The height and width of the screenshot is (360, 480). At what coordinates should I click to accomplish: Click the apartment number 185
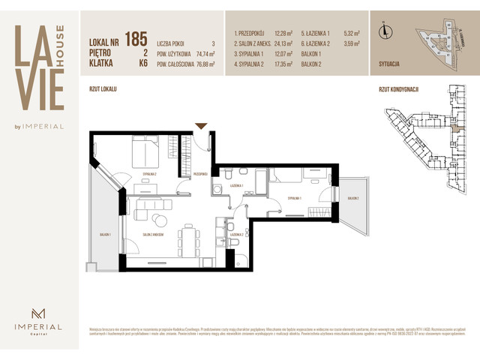pos(136,38)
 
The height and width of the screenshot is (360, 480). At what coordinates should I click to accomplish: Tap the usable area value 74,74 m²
pos(205,55)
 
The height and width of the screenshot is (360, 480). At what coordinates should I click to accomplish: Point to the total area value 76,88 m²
pos(205,64)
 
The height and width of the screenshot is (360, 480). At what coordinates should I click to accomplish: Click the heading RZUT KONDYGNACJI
pos(398,89)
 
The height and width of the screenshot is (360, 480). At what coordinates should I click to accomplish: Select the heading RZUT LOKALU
pos(103,89)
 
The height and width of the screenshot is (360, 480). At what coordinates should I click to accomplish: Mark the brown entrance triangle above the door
pos(200,126)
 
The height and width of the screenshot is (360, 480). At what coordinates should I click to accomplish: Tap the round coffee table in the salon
pos(159,220)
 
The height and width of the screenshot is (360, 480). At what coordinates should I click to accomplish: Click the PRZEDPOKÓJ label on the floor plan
pos(200,174)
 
